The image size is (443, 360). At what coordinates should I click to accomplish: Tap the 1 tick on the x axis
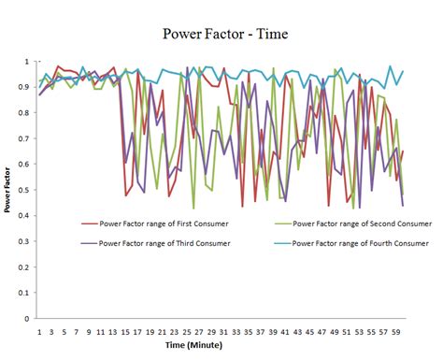click(x=39, y=330)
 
